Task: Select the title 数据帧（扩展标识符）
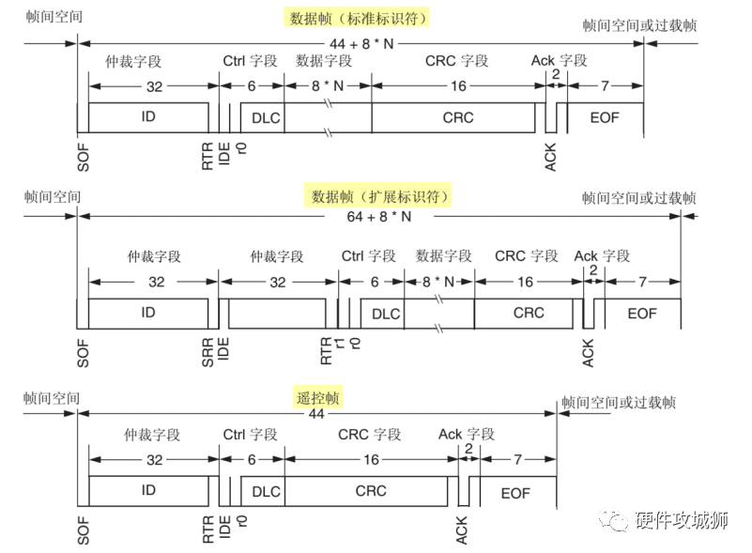click(381, 197)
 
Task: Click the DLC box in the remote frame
click(267, 491)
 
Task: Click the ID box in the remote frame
click(148, 491)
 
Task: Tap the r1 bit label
click(340, 344)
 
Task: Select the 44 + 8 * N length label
click(362, 44)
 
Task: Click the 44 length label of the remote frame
click(316, 414)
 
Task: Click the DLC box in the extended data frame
click(386, 314)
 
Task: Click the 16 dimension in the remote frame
click(372, 459)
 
